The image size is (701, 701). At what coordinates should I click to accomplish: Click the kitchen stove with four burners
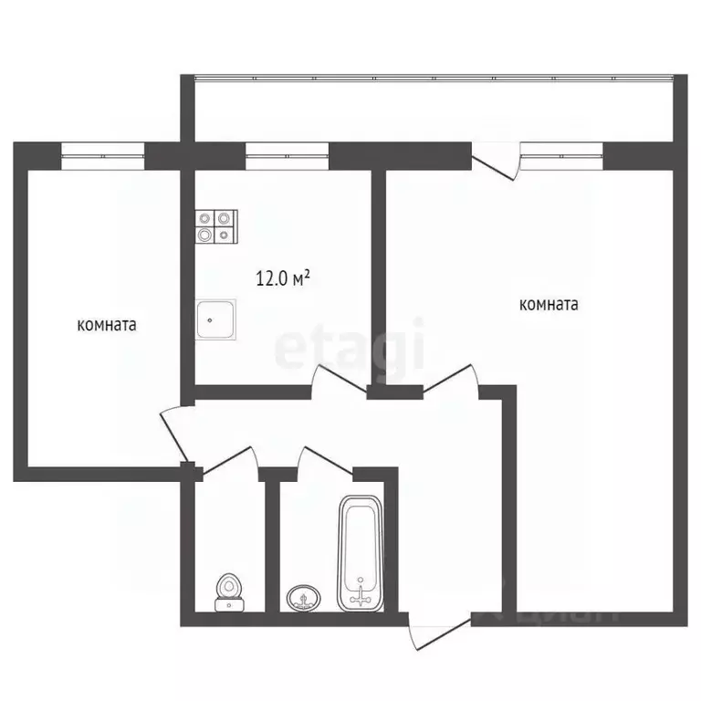click(216, 226)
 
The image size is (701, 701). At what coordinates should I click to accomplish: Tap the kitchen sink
click(215, 319)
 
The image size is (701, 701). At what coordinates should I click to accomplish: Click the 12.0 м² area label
click(283, 278)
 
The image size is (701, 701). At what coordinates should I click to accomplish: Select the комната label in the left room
click(107, 324)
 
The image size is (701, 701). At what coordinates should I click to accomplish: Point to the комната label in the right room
click(549, 305)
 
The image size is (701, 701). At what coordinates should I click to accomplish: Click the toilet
click(228, 592)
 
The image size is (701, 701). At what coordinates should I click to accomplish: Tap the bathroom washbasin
click(304, 598)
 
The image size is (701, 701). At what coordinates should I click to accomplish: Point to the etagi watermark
click(350, 347)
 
